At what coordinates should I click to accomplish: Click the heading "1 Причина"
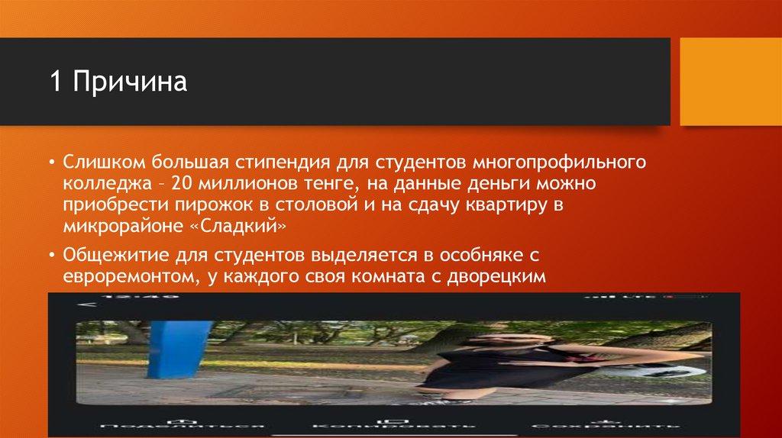pyautogui.click(x=119, y=82)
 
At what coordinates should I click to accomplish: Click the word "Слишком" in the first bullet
pyautogui.click(x=104, y=163)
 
